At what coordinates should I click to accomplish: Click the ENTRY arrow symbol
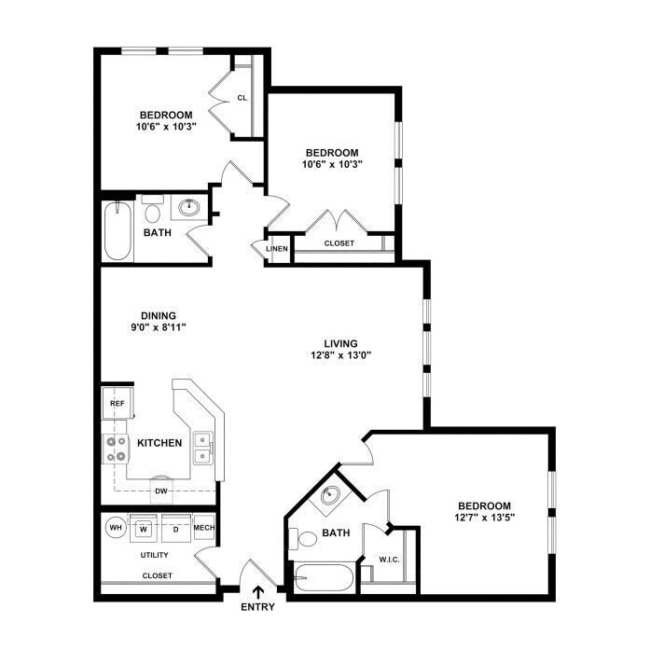(x=257, y=591)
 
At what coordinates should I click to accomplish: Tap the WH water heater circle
(x=116, y=528)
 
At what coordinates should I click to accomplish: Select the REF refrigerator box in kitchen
(x=118, y=403)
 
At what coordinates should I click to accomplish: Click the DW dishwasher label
(x=161, y=491)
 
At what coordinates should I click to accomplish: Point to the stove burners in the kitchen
(x=116, y=449)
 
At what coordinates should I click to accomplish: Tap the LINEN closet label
(x=277, y=249)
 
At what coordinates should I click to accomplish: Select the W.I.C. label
(x=390, y=560)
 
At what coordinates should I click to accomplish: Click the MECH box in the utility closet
(x=204, y=527)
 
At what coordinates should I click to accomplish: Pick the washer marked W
(x=144, y=528)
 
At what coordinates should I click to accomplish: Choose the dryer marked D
(x=175, y=528)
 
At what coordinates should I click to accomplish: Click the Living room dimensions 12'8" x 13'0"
(x=340, y=355)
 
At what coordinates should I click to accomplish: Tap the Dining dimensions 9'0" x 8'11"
(x=159, y=327)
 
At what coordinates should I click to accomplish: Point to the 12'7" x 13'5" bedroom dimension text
(x=485, y=518)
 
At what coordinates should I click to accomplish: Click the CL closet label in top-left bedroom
(x=242, y=98)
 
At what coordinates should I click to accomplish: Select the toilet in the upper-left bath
(x=153, y=209)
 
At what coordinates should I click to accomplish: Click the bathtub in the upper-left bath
(x=118, y=230)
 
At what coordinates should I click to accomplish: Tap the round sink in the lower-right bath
(x=330, y=494)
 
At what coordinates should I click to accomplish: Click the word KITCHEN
(x=159, y=443)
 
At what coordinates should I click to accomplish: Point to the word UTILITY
(x=155, y=555)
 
